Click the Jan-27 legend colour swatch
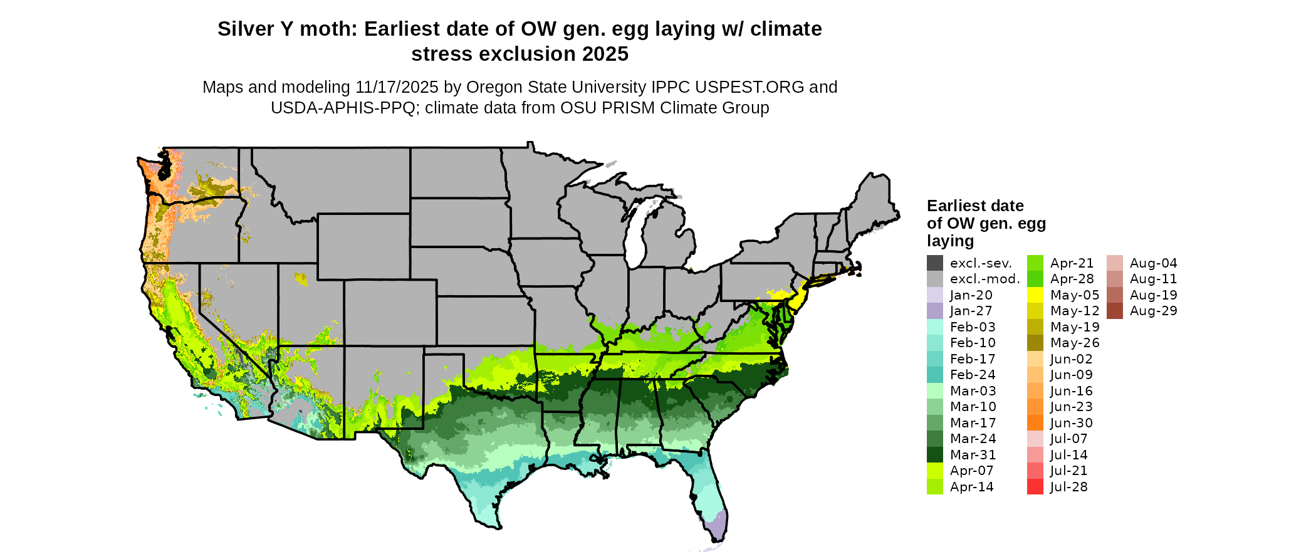[x=934, y=311]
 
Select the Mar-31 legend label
[x=973, y=455]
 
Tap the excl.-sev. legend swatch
[x=934, y=263]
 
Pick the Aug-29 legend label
[x=1153, y=311]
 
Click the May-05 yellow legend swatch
[x=1035, y=295]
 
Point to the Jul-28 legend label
[x=1068, y=487]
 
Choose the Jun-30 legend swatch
[x=1035, y=423]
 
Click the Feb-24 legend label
[x=973, y=375]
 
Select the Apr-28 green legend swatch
[x=1035, y=279]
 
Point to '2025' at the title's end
[x=605, y=54]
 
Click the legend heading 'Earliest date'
[x=975, y=206]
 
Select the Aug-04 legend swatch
[x=1114, y=263]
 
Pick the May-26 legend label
[x=1075, y=343]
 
